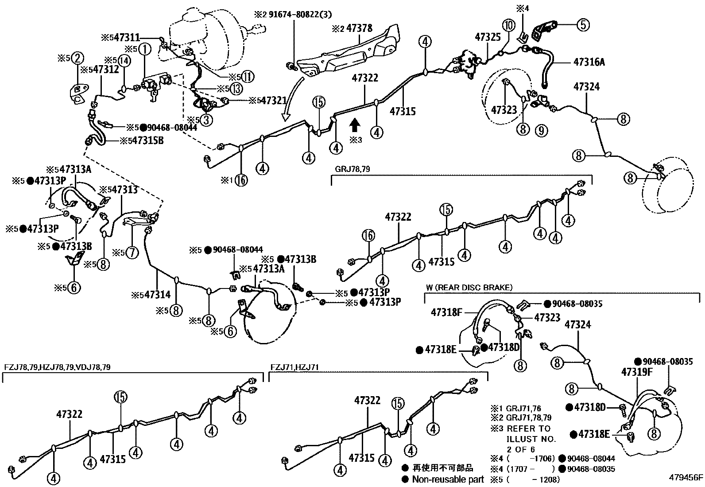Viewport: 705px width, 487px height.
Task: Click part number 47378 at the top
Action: point(359,28)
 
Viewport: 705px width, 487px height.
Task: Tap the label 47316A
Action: point(589,62)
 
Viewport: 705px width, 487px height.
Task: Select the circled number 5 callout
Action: point(583,25)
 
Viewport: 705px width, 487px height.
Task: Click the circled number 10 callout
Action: point(508,25)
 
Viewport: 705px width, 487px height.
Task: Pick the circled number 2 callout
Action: point(77,58)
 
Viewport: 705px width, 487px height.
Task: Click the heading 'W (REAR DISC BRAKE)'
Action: point(469,288)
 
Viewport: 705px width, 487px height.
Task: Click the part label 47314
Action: point(158,294)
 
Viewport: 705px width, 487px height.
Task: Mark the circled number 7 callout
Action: point(132,253)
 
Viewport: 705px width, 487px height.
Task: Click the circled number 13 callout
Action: point(236,89)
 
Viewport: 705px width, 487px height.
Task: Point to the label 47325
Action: point(488,37)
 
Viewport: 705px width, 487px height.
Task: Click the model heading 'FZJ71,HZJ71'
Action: point(294,367)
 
